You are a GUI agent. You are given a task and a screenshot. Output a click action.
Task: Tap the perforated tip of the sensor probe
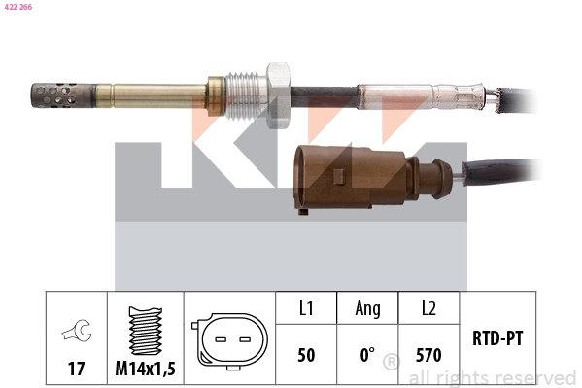coord(54,95)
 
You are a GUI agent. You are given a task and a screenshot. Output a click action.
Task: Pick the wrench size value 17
coord(77,369)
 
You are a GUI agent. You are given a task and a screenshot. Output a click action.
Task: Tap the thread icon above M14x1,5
coord(145,331)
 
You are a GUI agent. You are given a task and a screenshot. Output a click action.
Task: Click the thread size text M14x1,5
coord(145,369)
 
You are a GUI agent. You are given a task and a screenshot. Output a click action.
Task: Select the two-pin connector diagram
coord(230,340)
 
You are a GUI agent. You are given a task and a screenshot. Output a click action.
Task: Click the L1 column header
coord(305,308)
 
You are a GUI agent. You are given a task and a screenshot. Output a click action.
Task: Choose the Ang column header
coord(367,308)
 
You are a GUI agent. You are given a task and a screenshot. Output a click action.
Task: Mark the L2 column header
coord(428,308)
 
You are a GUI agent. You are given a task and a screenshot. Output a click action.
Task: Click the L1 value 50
coord(305,356)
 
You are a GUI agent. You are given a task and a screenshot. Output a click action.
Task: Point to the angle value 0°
coord(367,356)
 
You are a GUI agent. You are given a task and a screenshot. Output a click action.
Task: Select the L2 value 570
coord(428,356)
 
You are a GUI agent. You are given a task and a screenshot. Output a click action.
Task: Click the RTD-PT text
coord(496,338)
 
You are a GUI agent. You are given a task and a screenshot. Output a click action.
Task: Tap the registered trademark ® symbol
coord(391,363)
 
